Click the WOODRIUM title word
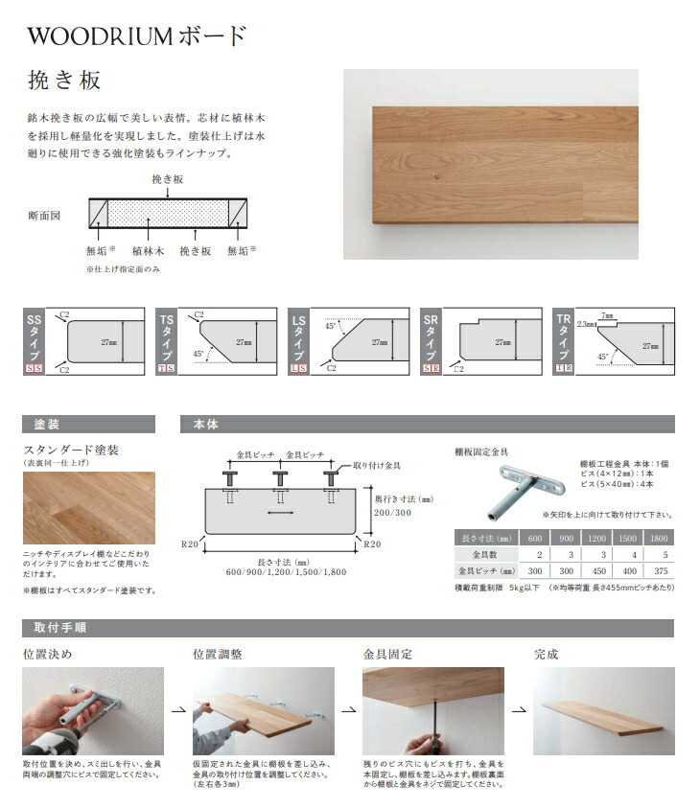pyautogui.click(x=100, y=36)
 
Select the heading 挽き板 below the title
pyautogui.click(x=64, y=81)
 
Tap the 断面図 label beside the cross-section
pyautogui.click(x=44, y=216)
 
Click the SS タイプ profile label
pyautogui.click(x=34, y=335)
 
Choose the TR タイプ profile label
pyautogui.click(x=563, y=335)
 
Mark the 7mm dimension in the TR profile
pyautogui.click(x=608, y=313)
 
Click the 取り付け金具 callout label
pyautogui.click(x=377, y=465)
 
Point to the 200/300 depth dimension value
pyautogui.click(x=393, y=512)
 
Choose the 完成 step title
pyautogui.click(x=546, y=656)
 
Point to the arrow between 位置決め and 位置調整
pyautogui.click(x=178, y=712)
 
